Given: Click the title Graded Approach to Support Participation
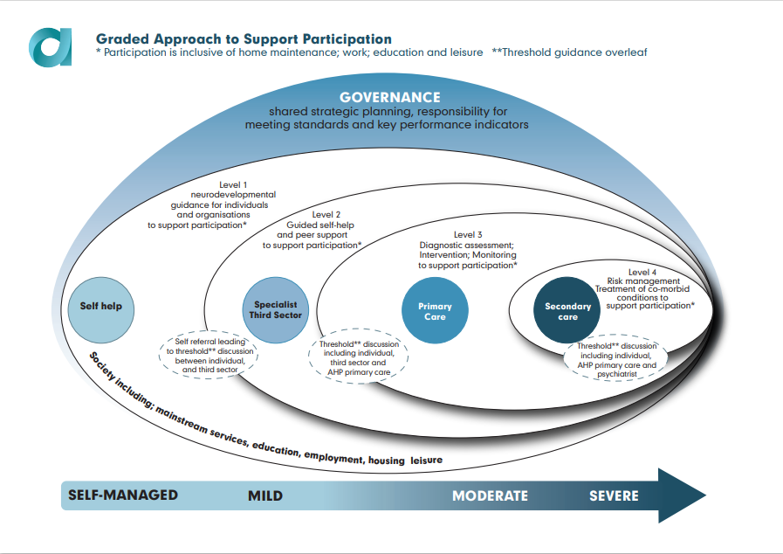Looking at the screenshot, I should coord(244,39).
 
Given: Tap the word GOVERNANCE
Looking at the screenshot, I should coord(390,97).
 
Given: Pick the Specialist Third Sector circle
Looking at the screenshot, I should coord(276,309).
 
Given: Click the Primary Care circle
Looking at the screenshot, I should coord(435,311).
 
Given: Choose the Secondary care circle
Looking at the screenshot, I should coord(567,312).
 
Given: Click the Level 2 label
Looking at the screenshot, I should coord(326,214).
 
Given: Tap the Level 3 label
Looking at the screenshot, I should coord(467,234).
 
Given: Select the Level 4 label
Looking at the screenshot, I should coord(644,272).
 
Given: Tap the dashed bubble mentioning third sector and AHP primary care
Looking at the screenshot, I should coord(360,357).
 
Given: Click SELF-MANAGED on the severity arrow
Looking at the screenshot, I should coord(123,495).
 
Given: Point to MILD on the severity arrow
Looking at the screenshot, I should coord(265,496).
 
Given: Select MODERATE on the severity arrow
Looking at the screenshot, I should coord(490,496).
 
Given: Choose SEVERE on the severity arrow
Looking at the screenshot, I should coord(614,496).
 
